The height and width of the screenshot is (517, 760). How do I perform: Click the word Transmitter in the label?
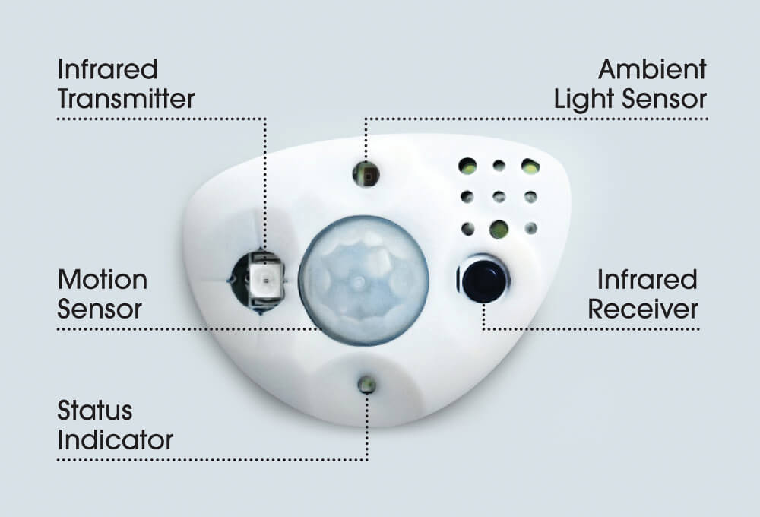point(126,98)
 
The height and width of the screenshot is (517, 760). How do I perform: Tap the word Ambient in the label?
point(652,69)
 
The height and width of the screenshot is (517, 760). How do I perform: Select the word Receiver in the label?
point(643,309)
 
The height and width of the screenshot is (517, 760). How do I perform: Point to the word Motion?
point(103,280)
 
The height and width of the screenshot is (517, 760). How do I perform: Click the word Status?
point(94,411)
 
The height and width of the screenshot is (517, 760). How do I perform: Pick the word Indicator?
point(115,440)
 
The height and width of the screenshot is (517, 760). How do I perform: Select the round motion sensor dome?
point(363,281)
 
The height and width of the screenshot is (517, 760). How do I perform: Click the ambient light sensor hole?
point(366,174)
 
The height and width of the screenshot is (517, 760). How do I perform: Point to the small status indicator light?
point(367,385)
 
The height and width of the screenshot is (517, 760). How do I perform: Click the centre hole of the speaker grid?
point(499,197)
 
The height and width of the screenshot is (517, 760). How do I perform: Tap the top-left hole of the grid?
point(467,166)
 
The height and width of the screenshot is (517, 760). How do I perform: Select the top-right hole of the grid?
point(530,167)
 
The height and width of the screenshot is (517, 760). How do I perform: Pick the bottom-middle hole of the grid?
point(499,229)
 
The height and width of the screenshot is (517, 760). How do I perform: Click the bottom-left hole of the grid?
point(467,228)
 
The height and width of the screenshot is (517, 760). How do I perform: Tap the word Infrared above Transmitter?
point(108,69)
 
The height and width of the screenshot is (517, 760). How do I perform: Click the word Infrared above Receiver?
point(647,280)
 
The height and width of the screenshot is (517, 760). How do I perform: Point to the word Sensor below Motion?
point(100,309)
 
